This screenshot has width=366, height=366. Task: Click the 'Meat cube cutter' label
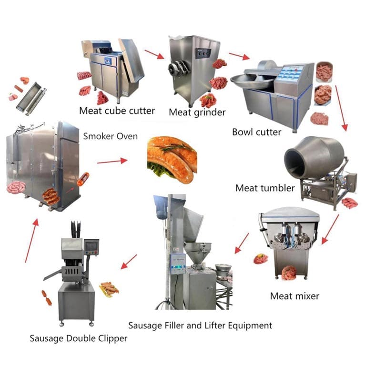[x=117, y=111]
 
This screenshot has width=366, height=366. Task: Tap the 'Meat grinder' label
[x=197, y=112]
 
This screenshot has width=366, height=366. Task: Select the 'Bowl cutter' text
[x=256, y=132]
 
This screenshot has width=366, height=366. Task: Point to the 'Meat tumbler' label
[x=265, y=188]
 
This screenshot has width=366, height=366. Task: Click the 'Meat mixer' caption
[x=295, y=296]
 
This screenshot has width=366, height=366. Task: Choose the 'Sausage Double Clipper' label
[x=79, y=338]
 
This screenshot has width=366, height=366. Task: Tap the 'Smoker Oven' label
[x=110, y=136]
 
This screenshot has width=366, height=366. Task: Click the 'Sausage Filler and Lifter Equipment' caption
[x=200, y=325]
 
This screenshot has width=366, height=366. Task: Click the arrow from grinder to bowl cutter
[x=239, y=57]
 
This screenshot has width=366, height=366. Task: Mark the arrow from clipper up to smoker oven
[x=31, y=240]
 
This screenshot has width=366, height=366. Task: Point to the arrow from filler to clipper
[x=129, y=262]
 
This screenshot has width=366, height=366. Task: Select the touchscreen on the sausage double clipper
[x=91, y=246]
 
